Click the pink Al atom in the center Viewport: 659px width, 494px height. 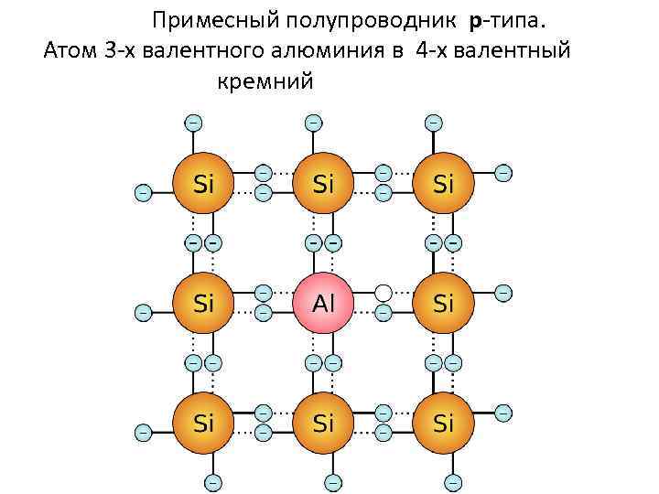[323, 302]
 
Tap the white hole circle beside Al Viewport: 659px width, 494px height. [384, 293]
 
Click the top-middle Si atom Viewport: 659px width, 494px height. [323, 183]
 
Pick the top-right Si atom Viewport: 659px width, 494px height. [443, 183]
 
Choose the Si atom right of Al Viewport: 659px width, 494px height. [443, 302]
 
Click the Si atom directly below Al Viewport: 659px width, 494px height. [323, 423]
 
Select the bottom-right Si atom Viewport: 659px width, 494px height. [443, 423]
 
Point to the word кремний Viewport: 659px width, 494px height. [265, 81]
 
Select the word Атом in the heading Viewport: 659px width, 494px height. [68, 50]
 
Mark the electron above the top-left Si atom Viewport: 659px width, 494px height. [193, 122]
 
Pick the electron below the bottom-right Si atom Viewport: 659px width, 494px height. [453, 481]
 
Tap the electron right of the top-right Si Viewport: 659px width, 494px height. [503, 172]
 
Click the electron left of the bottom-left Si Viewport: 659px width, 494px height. [143, 432]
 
